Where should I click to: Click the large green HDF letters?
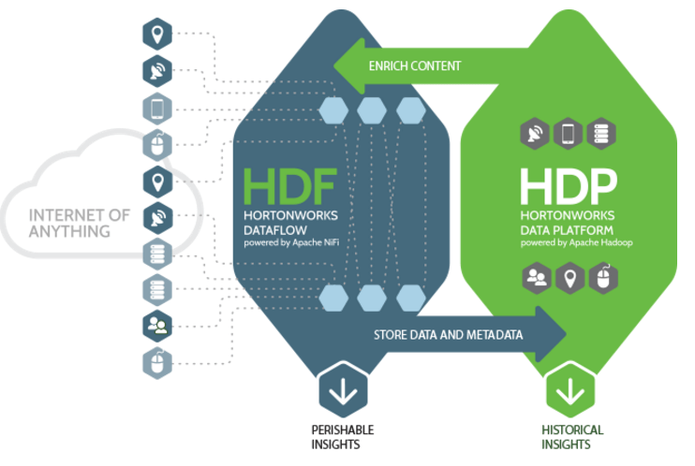288,185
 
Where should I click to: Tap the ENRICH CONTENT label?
415,66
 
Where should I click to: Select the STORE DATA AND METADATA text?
449,334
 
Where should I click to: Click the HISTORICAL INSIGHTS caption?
571,436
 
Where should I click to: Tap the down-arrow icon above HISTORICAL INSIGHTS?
569,390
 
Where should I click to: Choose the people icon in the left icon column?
155,326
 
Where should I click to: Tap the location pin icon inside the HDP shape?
569,277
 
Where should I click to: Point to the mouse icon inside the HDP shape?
601,277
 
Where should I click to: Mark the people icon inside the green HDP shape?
536,277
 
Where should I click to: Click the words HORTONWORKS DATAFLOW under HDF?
282,221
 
